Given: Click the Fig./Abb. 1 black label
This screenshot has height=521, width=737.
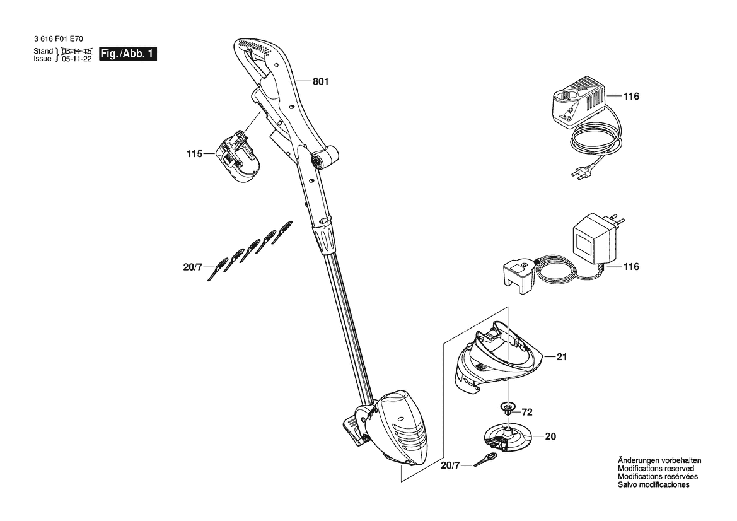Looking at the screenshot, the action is point(128,54).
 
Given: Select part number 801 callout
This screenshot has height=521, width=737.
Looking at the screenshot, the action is point(321,82).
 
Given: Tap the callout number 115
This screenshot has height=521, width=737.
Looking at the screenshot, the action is point(194,154).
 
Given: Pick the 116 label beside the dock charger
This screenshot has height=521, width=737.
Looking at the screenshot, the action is point(631,97).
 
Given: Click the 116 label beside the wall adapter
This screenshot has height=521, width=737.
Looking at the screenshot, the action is point(631,267).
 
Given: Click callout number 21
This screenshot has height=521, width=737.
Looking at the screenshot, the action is point(562,357).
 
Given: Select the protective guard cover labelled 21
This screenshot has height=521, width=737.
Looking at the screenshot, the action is point(496,357).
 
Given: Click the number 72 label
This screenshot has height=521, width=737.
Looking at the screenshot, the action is point(527,413).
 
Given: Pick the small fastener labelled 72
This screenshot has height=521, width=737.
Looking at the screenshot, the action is point(508,407).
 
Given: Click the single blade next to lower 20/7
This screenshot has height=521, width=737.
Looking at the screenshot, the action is point(485,459).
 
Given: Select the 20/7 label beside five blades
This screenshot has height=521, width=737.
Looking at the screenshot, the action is point(192,267).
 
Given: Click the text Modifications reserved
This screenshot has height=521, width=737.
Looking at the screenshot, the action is point(656,469).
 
